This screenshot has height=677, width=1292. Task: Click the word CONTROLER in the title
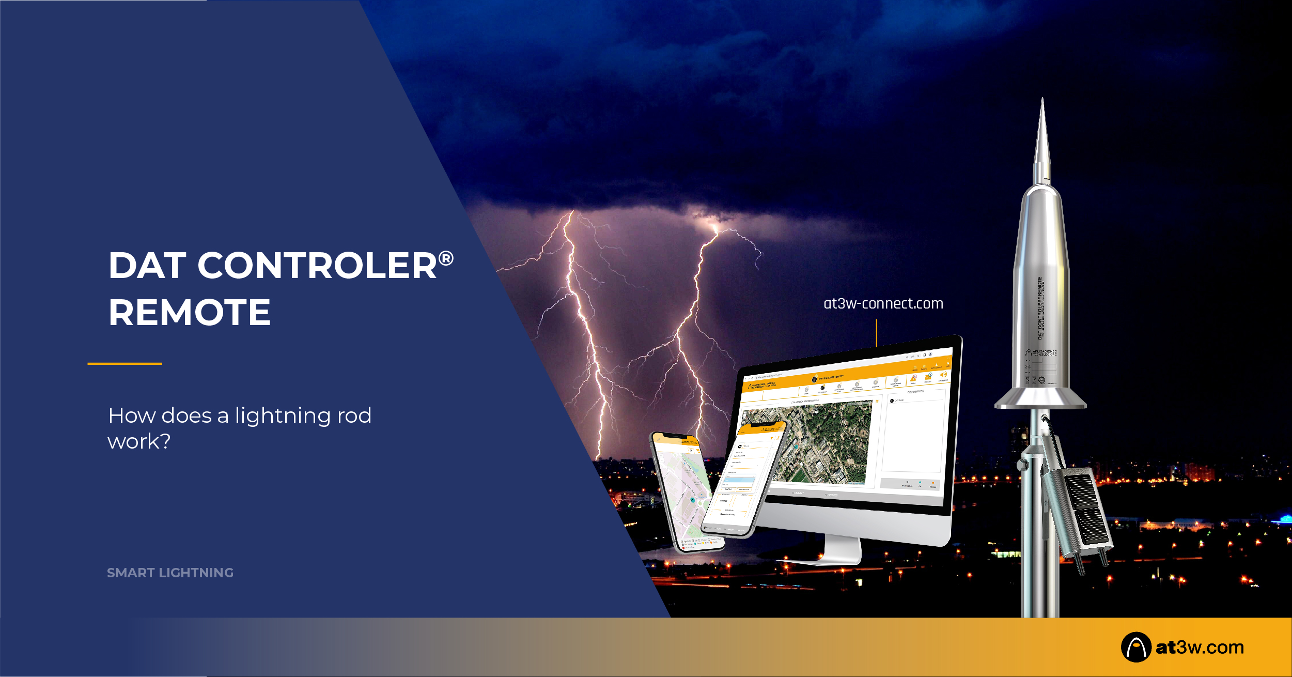[317, 266]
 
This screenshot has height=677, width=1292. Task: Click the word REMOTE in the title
[189, 313]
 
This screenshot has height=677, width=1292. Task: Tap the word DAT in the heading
[147, 266]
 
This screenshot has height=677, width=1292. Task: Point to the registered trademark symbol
[446, 258]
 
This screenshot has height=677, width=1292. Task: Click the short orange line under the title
[124, 364]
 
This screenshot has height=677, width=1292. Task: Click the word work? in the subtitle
[138, 442]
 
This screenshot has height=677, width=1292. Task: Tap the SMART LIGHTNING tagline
[170, 573]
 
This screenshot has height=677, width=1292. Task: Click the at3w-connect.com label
[883, 303]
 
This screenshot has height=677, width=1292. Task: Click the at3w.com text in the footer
[1199, 647]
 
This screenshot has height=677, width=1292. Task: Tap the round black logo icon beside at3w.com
[1135, 647]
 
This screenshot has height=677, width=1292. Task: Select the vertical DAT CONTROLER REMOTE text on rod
[1040, 308]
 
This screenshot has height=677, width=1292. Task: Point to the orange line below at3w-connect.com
[876, 333]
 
